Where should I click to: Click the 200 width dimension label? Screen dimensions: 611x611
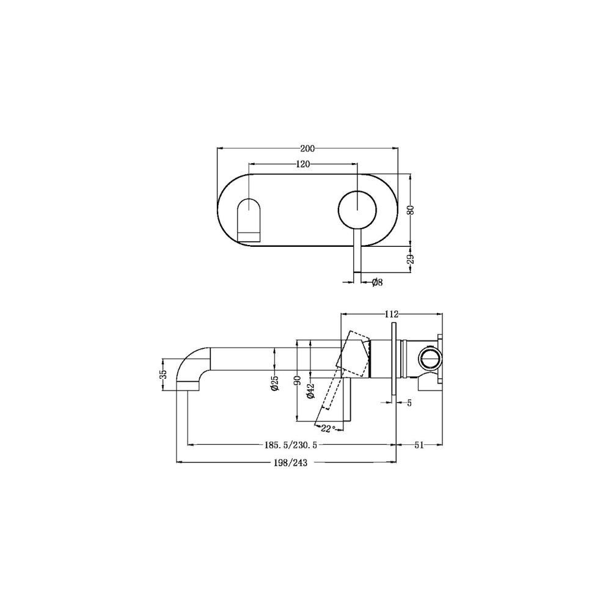pyautogui.click(x=307, y=148)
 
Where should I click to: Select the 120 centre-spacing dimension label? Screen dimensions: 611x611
pyautogui.click(x=303, y=164)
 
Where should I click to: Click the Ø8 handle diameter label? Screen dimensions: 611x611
pyautogui.click(x=377, y=282)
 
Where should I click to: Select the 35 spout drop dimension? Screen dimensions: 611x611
pyautogui.click(x=163, y=374)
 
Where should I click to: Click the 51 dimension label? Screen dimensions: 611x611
pyautogui.click(x=419, y=445)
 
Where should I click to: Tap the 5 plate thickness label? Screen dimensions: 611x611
pyautogui.click(x=409, y=402)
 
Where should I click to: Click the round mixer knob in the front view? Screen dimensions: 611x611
pyautogui.click(x=357, y=210)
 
